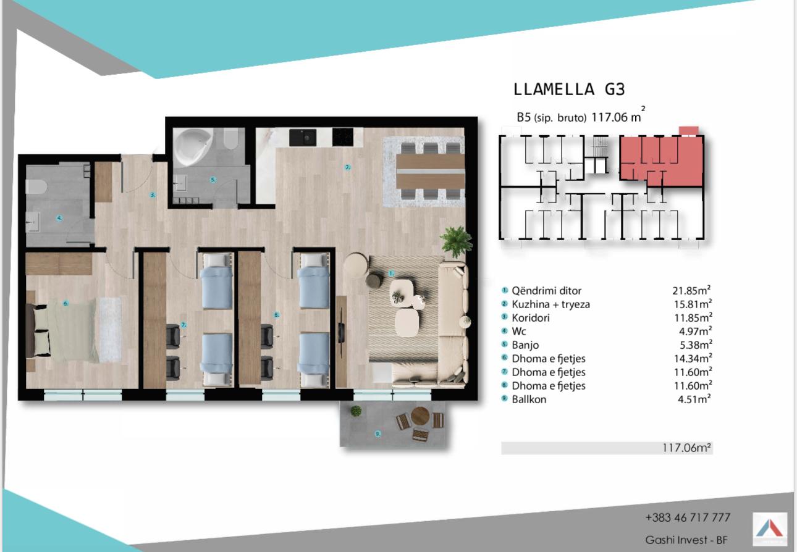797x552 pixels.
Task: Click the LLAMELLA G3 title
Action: coord(569,90)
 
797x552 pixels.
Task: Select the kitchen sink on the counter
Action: coord(303,137)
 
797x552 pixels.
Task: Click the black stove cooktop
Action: coord(343,137)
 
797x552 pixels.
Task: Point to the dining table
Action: coord(430,172)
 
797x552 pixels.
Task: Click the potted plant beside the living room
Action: coord(456,240)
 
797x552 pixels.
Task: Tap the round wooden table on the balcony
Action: coord(420,416)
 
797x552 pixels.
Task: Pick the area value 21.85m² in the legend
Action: coord(691,290)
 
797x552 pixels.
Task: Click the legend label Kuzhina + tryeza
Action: coord(550,304)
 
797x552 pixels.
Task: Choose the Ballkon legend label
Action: coord(529,399)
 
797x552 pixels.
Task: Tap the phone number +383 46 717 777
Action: coord(688,517)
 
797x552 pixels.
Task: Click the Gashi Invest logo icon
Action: coord(770,529)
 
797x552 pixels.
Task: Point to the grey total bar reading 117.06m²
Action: coord(607,448)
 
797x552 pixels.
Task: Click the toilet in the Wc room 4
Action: coord(36,186)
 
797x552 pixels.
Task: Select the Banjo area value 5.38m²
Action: coord(695,345)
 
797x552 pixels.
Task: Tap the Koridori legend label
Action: coord(531,317)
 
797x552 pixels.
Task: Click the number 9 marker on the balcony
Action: coord(378,434)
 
